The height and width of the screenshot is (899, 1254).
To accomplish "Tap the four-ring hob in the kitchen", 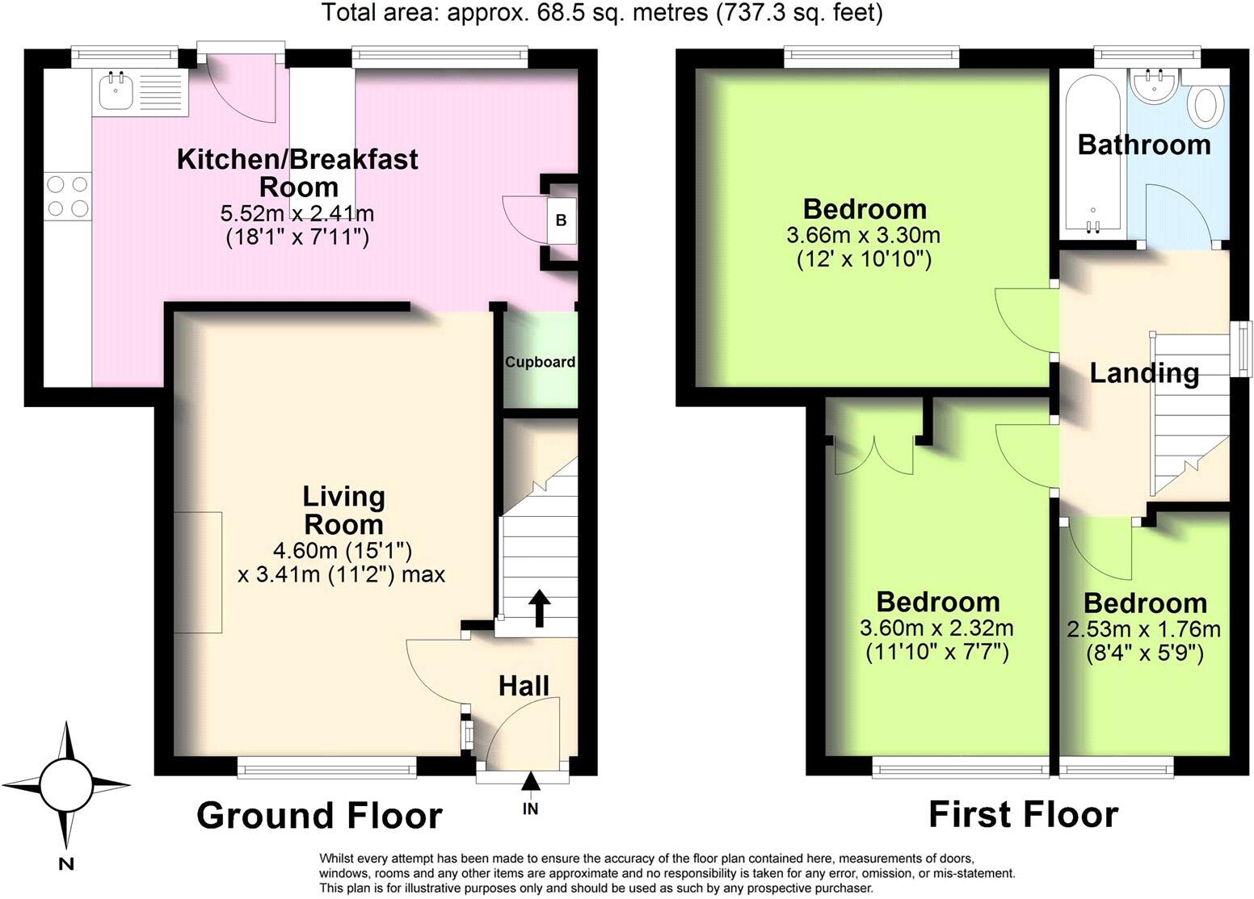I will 68,196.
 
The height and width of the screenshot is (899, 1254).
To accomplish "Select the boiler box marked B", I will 562,220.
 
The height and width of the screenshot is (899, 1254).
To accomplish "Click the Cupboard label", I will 540,362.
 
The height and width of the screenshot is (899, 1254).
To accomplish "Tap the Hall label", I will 524,686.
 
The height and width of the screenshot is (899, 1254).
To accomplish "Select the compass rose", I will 66,784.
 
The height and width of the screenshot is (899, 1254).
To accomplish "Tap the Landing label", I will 1143,373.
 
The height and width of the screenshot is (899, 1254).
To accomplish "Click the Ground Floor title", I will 319,815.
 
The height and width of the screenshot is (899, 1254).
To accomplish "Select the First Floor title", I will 1023,813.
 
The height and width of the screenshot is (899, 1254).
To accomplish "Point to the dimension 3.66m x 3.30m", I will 863,236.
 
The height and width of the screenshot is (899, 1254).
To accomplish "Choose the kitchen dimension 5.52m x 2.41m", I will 297,214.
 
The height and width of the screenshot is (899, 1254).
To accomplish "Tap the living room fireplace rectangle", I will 198,572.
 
